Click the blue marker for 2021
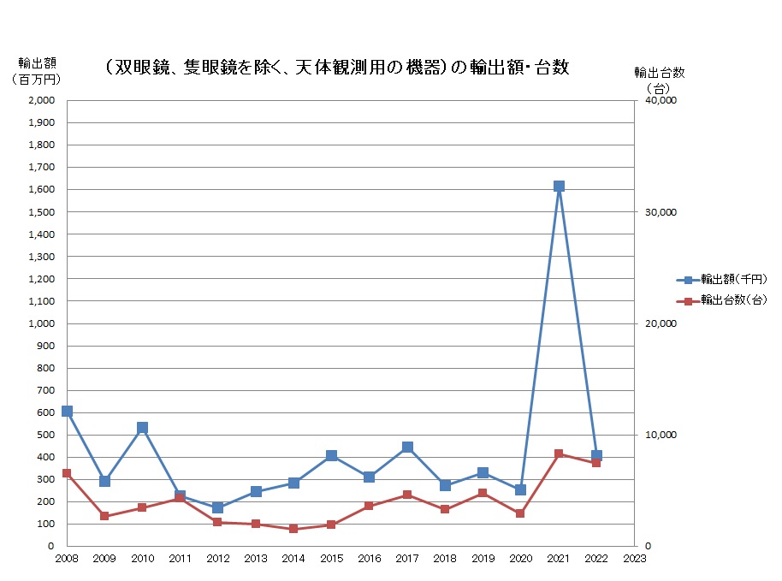(x=559, y=186)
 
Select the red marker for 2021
(x=559, y=454)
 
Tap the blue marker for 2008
(x=67, y=411)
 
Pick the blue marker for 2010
(x=142, y=427)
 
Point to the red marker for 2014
(x=293, y=529)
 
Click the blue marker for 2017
(x=407, y=447)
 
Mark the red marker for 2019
(x=483, y=493)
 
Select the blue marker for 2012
(x=218, y=507)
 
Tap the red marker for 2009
(x=104, y=516)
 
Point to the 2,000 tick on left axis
(x=40, y=100)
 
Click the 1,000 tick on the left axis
(x=40, y=323)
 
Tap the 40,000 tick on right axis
(x=660, y=100)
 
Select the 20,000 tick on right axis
(x=660, y=323)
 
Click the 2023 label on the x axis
(x=634, y=559)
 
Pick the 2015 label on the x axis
(x=331, y=559)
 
